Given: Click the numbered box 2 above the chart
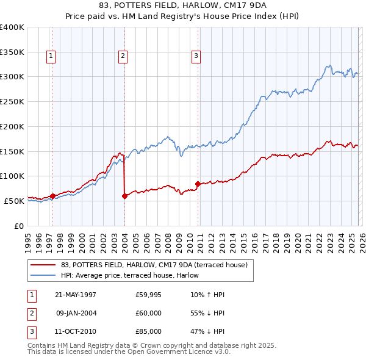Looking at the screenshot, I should [123, 57].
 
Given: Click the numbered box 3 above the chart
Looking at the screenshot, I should [196, 57].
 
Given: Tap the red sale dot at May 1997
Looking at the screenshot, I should [52, 196].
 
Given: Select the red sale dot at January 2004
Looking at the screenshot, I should [124, 196].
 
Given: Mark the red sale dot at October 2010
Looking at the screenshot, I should [198, 183].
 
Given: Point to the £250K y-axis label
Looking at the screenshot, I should [12, 102].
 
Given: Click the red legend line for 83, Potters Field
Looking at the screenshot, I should [43, 265].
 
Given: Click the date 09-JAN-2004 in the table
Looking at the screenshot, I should [76, 313].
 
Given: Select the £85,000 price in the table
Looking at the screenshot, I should [148, 331].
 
